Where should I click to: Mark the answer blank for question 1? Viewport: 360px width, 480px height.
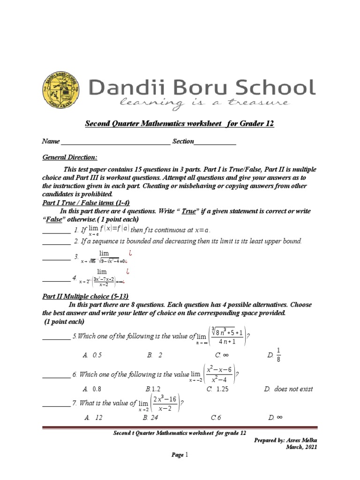[x=56, y=230]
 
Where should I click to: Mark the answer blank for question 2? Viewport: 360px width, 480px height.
[x=56, y=241]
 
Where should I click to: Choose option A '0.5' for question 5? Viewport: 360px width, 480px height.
[x=92, y=355]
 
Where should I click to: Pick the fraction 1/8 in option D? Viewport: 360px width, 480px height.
[x=278, y=355]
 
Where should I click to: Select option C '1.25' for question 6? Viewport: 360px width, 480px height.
[x=216, y=389]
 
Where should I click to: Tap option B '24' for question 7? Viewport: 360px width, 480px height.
[x=151, y=417]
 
